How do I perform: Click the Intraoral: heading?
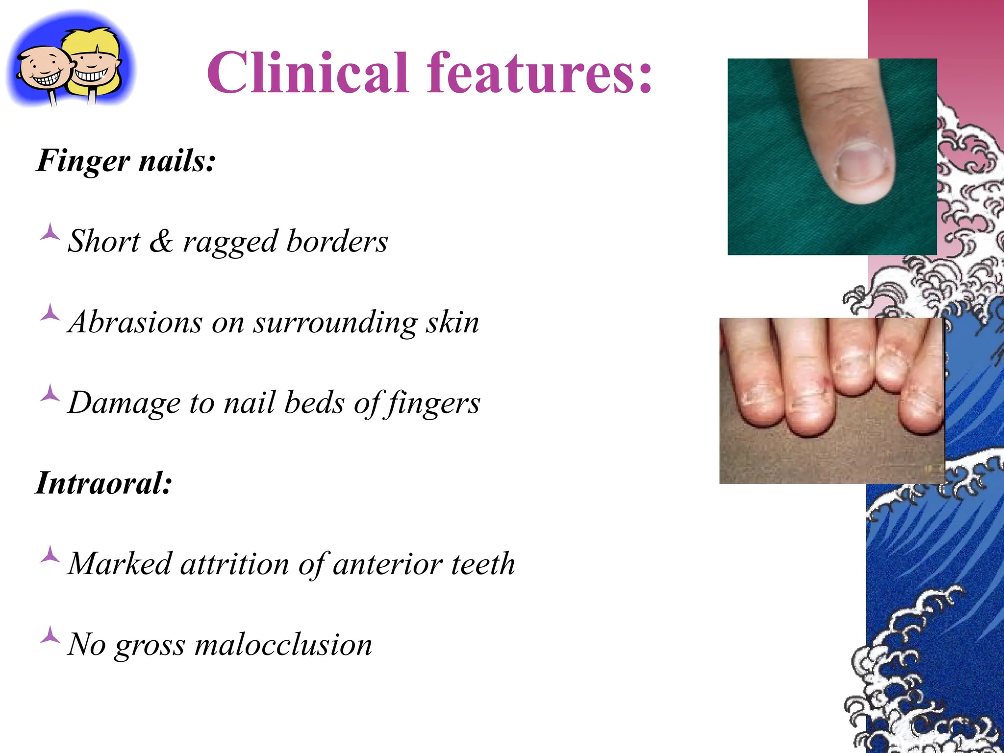click(104, 483)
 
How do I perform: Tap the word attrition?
click(235, 564)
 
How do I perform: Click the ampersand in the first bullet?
click(161, 241)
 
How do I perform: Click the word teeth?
click(483, 564)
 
